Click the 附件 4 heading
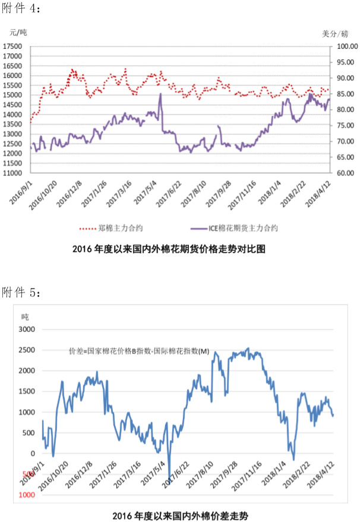tap(21, 8)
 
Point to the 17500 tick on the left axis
tap(13, 46)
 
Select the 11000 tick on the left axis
tap(13, 173)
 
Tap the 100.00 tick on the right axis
tap(346, 46)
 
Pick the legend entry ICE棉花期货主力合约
tap(244, 228)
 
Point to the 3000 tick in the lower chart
tap(26, 329)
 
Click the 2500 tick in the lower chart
tap(26, 350)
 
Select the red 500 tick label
tap(28, 474)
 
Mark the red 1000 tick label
tap(26, 495)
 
